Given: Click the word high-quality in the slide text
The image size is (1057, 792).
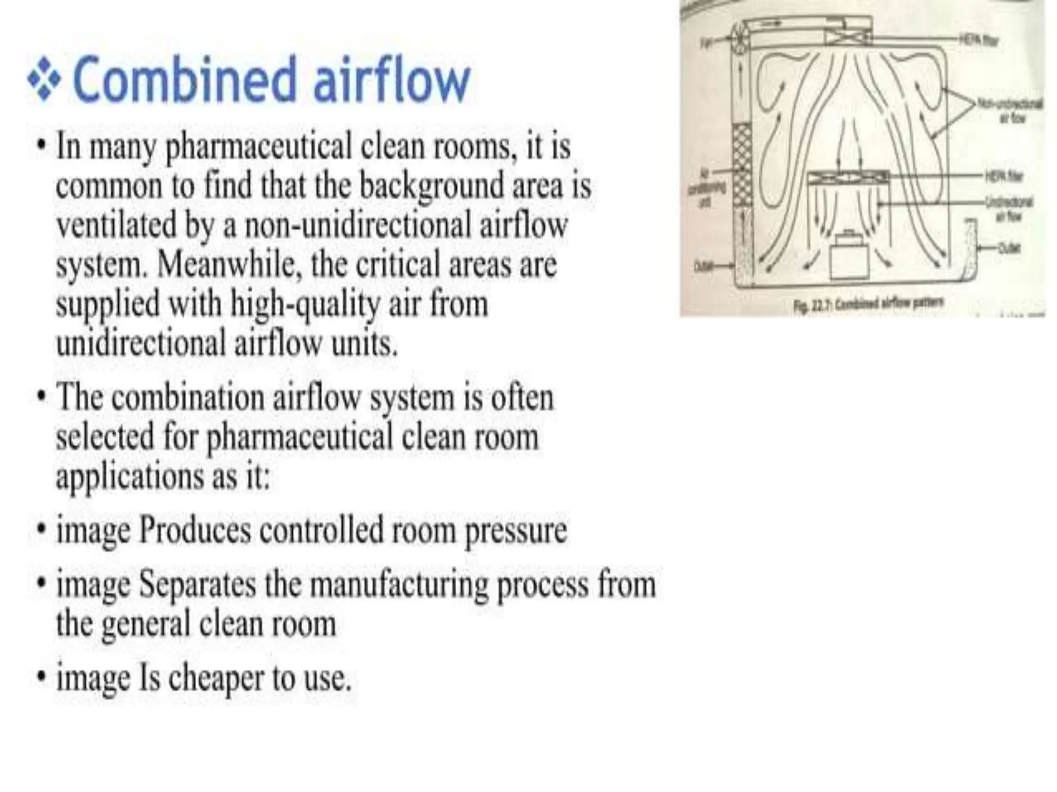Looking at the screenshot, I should coord(305,304).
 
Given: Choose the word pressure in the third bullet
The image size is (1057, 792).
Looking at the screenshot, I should coord(516,531).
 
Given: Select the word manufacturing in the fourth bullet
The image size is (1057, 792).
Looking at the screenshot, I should coord(399,585).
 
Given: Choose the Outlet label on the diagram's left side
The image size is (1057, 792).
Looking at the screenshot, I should coord(702,266).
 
